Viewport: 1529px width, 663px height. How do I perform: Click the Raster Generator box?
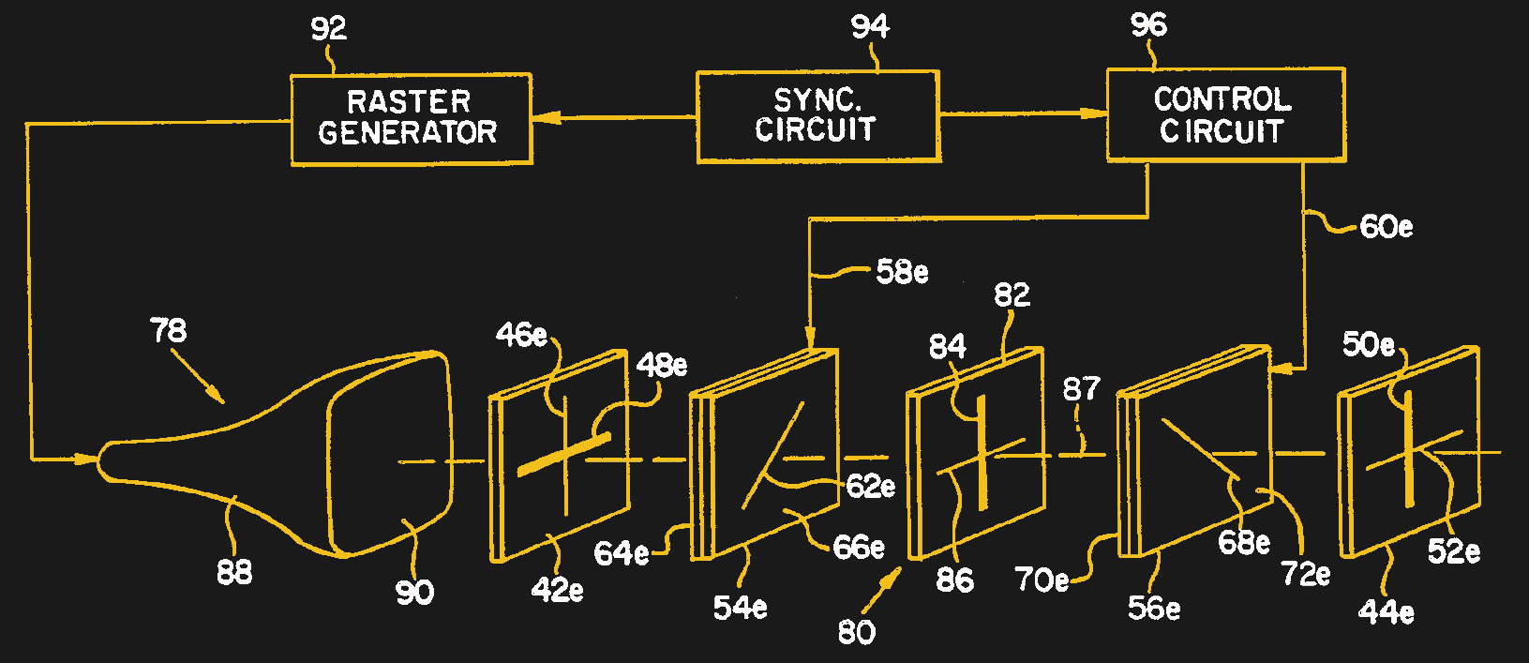(411, 119)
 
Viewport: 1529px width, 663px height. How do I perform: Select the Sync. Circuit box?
(817, 116)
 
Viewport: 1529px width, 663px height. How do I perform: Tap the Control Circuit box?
(1224, 114)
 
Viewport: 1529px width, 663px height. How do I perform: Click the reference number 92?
(328, 29)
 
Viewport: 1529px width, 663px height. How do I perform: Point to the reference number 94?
(869, 26)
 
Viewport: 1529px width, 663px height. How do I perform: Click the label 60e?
(1386, 227)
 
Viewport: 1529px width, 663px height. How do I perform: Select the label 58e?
(901, 272)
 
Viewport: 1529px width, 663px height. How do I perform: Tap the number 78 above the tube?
(169, 330)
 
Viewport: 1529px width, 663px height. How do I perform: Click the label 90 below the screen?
(414, 592)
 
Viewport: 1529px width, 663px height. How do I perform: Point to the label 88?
(234, 571)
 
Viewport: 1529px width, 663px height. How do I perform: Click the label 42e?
(557, 590)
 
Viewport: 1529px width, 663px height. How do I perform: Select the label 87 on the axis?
(1081, 388)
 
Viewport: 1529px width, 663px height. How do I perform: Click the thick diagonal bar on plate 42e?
(563, 454)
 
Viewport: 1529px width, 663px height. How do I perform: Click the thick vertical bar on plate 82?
(982, 452)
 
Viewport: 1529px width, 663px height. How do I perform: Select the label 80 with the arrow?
(856, 632)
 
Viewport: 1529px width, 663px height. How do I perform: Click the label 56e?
(1153, 608)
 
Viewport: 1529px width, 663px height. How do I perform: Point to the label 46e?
(521, 334)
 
